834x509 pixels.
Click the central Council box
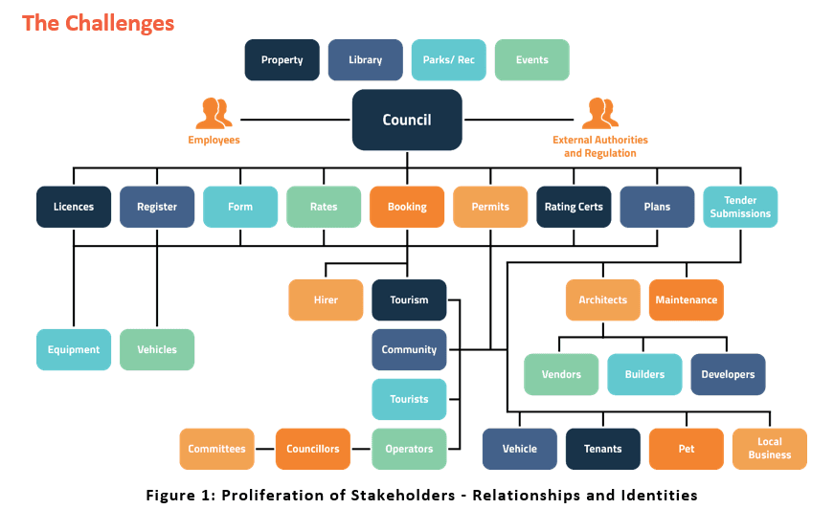[x=407, y=120]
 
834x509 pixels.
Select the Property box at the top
[x=282, y=60]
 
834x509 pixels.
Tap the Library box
[x=365, y=60]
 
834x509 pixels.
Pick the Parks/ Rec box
[x=448, y=60]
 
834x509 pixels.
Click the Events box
[x=531, y=60]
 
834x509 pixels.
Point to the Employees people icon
[x=214, y=113]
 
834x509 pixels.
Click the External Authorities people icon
[x=599, y=113]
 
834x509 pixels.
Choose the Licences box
[x=74, y=207]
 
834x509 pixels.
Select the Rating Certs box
[x=574, y=207]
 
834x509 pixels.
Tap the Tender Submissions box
[x=740, y=207]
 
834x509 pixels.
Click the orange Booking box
[x=407, y=207]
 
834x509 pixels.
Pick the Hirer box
[x=326, y=300]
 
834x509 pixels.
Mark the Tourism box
[x=409, y=300]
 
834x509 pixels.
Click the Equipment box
[x=74, y=350]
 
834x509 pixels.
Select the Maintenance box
[x=686, y=300]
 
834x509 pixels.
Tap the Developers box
[x=728, y=375]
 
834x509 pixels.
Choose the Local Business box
[x=770, y=449]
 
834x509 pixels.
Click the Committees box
[x=216, y=449]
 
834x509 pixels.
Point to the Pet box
[x=686, y=449]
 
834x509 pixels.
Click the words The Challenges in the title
[x=98, y=23]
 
